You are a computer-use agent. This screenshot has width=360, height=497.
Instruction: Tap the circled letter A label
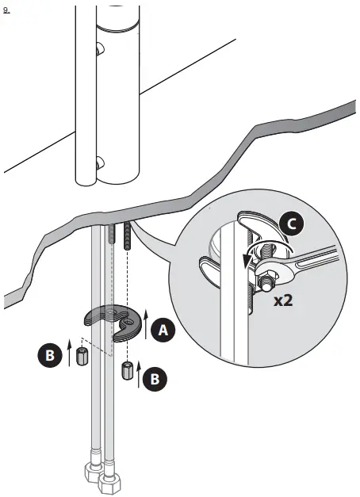click(x=163, y=330)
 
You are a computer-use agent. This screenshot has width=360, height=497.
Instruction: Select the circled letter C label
click(x=290, y=224)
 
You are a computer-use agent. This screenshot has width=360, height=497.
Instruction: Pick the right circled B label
click(x=155, y=379)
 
